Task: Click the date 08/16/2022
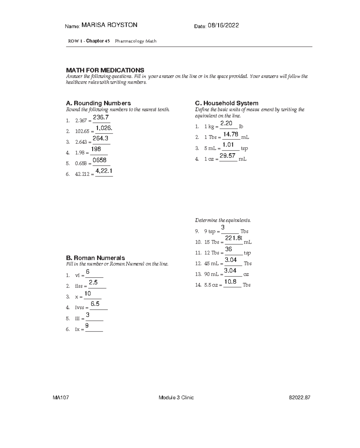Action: [x=225, y=26]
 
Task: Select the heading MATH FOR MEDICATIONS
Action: [x=105, y=70]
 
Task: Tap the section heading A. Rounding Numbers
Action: [x=98, y=103]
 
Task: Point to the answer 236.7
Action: [x=101, y=117]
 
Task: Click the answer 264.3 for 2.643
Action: [x=100, y=139]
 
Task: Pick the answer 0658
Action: [x=100, y=160]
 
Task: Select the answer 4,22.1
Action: [x=104, y=171]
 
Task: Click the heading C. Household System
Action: [x=226, y=103]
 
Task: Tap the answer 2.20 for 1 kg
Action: [x=226, y=123]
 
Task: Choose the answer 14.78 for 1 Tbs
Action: [x=231, y=134]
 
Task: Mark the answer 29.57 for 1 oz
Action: [x=227, y=156]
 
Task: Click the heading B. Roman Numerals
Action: [x=95, y=258]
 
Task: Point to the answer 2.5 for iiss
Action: [x=93, y=283]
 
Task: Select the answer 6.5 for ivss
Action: [x=95, y=304]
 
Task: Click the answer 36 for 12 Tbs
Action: [x=229, y=249]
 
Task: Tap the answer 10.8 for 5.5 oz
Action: [x=230, y=282]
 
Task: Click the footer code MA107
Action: [x=61, y=398]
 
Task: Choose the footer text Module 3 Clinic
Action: [x=176, y=398]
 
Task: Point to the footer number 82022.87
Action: [x=299, y=398]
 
